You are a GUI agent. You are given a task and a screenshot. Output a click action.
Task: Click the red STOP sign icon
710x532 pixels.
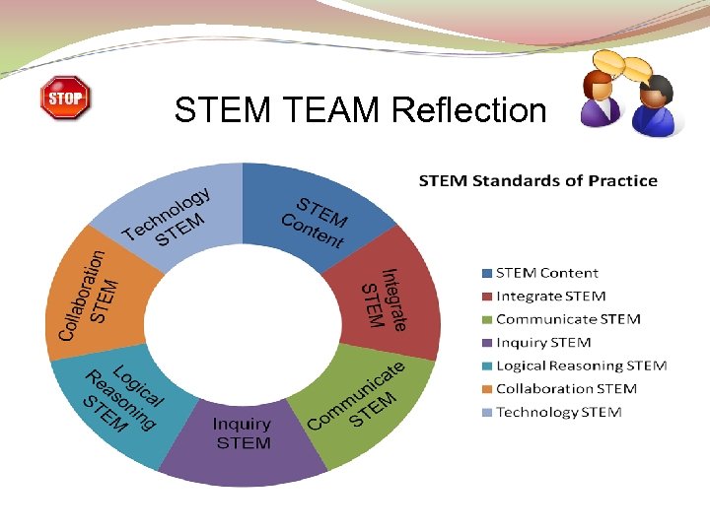point(65,99)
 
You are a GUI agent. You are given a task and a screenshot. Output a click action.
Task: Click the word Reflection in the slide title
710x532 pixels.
point(468,109)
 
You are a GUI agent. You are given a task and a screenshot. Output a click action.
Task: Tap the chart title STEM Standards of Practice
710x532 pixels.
point(537,180)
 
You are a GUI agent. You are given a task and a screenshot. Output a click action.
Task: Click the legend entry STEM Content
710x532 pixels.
point(546,273)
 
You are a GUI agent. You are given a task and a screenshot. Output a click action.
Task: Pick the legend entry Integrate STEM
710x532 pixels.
point(550,296)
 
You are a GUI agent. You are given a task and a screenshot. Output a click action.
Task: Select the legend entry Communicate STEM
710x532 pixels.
point(567,319)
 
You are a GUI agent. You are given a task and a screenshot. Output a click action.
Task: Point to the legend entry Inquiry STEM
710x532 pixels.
point(542,343)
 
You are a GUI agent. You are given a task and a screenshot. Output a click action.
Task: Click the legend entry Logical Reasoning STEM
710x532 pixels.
point(581,366)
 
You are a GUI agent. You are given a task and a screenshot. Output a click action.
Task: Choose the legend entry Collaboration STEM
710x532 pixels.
point(566,389)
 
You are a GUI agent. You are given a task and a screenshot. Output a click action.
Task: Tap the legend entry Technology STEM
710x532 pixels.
point(558,412)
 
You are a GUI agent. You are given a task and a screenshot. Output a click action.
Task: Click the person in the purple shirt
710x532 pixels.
point(600,99)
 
